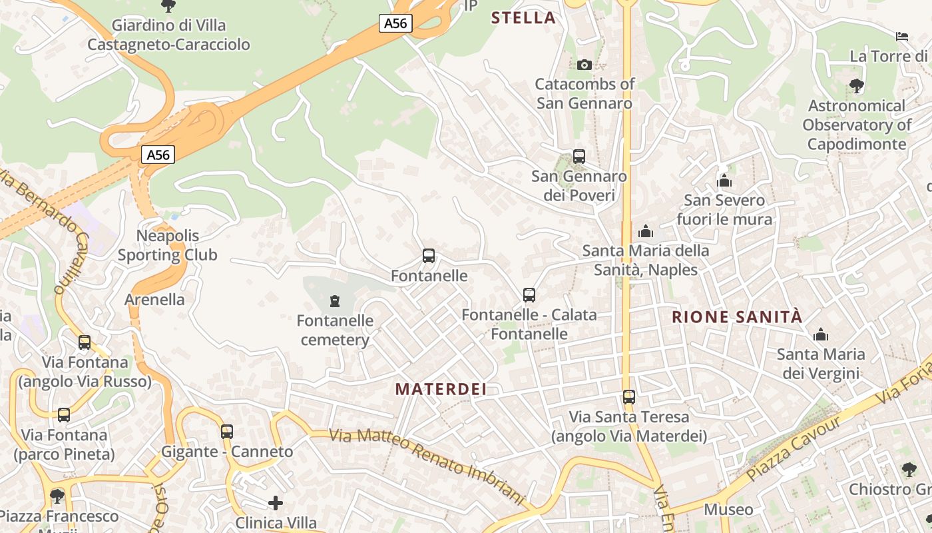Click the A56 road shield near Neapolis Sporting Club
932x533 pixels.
click(158, 155)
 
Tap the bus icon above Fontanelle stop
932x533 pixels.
click(429, 256)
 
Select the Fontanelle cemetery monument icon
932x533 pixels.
click(334, 301)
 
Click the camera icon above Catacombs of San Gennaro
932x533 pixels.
click(584, 65)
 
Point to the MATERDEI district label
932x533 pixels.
click(441, 389)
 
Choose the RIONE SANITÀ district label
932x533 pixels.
click(737, 317)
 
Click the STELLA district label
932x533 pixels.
click(523, 18)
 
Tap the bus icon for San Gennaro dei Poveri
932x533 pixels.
click(579, 157)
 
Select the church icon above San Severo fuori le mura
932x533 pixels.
click(724, 181)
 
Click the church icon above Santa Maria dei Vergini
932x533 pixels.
click(821, 334)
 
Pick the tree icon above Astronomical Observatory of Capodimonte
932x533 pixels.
click(857, 85)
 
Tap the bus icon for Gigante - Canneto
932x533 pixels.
click(227, 431)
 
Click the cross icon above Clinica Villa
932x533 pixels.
click(276, 502)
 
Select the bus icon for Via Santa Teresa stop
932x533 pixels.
click(629, 397)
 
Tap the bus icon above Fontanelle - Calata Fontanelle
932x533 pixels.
click(529, 294)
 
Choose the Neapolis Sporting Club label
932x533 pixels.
click(168, 245)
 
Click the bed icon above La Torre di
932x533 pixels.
click(902, 36)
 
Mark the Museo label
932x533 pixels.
click(728, 510)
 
